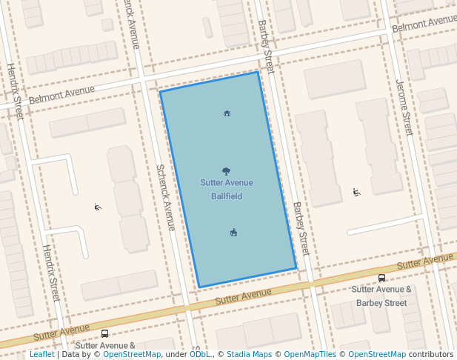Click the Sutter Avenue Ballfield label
click(226, 189)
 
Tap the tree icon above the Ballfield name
click(226, 171)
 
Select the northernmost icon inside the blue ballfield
click(227, 113)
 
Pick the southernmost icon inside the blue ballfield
click(233, 233)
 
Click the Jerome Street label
click(404, 107)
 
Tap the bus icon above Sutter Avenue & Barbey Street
click(381, 279)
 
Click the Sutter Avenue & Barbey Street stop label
click(381, 296)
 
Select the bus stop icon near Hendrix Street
click(104, 333)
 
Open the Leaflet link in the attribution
click(41, 355)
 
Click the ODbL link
click(200, 355)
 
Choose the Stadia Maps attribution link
click(249, 355)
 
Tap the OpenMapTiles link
click(310, 355)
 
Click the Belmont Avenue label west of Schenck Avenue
click(61, 96)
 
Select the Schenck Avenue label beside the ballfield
click(164, 197)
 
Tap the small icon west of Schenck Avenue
click(97, 207)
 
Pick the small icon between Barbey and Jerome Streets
click(356, 193)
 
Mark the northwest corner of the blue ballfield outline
click(161, 92)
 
